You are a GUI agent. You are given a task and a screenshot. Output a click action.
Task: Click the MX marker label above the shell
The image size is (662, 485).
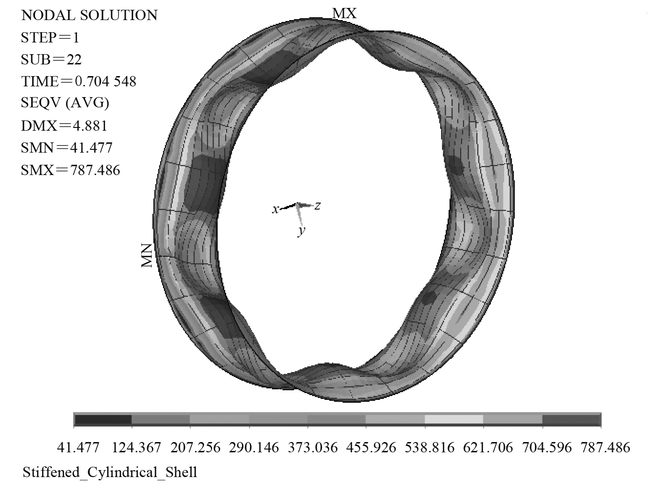point(344,13)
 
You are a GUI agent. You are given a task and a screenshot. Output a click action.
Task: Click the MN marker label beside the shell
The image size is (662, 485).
point(147,255)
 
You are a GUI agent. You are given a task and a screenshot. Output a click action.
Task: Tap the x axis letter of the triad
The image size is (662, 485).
point(275,209)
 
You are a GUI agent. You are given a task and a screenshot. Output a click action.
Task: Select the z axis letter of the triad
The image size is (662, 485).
point(317,205)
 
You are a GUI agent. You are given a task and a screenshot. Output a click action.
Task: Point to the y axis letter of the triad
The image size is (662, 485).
point(301,231)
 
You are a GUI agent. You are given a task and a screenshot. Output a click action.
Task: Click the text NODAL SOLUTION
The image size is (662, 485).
point(89,15)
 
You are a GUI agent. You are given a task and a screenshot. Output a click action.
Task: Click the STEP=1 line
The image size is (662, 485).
point(50,37)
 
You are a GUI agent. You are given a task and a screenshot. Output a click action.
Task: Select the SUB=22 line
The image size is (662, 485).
point(51,59)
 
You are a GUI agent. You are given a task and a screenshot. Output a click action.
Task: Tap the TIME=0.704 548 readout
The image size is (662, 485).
point(78,81)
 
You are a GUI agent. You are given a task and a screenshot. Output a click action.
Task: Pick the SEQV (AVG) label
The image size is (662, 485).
point(65,103)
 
